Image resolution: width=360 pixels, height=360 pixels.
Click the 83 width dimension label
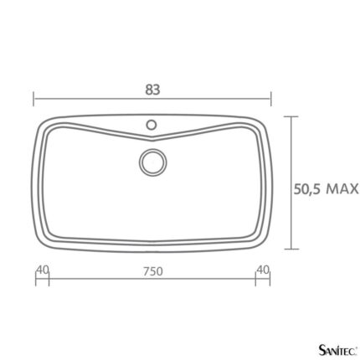152,90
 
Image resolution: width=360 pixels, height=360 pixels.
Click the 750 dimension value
153,271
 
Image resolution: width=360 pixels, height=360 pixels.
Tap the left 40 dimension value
43,270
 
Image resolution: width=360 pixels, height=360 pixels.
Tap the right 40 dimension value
263,270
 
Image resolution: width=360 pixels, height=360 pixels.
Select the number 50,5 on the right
308,189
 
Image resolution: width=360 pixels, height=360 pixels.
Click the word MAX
342,189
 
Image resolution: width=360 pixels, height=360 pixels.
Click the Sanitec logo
337,349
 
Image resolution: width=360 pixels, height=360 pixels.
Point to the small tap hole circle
152,125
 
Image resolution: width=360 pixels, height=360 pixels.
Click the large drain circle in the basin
152,162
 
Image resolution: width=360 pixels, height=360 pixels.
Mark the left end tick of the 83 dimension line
33,99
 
